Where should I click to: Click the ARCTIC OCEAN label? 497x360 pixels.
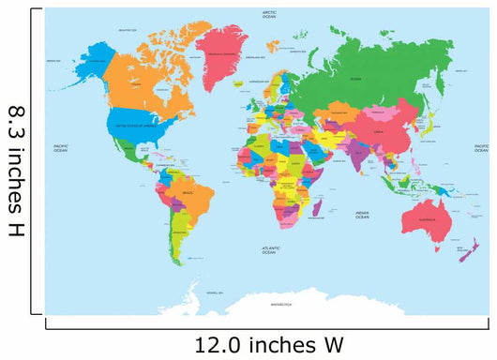pos(269,14)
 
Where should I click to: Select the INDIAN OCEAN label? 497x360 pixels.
pos(362,215)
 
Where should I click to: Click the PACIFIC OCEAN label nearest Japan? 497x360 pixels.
pos(480,147)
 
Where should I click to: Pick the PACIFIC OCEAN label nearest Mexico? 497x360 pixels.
pos(61,147)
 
